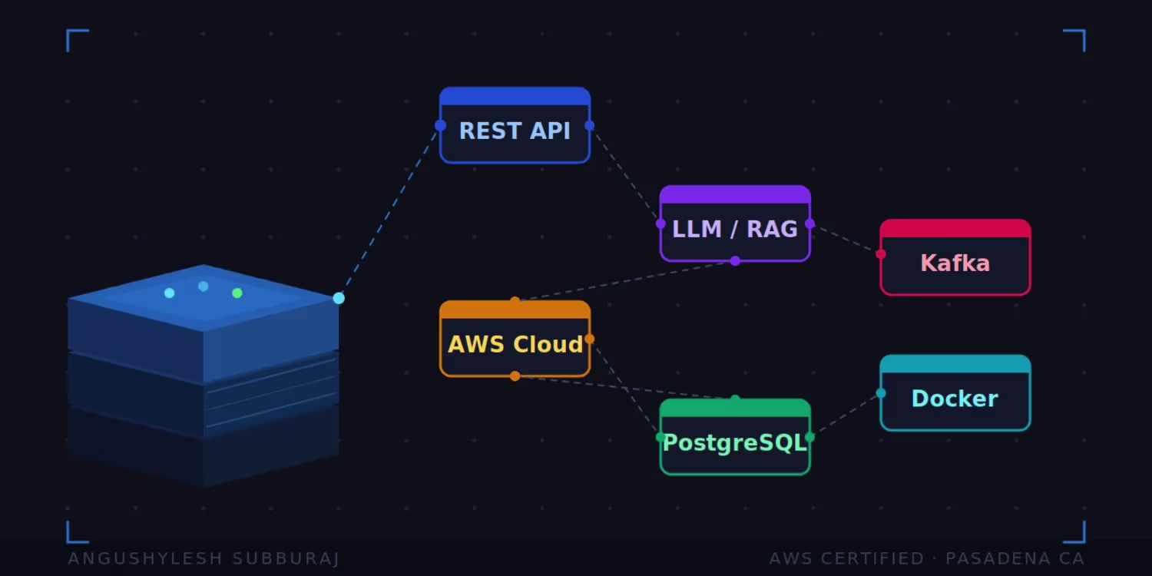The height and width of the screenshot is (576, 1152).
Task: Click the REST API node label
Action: click(x=515, y=131)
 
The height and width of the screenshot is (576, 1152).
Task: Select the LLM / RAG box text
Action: click(x=735, y=230)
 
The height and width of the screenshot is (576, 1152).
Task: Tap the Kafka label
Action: click(x=955, y=263)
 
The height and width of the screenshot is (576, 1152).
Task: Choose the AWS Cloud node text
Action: click(x=515, y=345)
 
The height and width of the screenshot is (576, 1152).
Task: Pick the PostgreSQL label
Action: click(x=735, y=443)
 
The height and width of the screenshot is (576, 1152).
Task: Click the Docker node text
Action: click(x=955, y=399)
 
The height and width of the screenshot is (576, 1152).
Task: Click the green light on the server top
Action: click(x=237, y=293)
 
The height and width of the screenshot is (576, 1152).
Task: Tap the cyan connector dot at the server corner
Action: click(x=339, y=298)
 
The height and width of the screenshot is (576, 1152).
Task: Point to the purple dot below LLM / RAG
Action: click(x=736, y=261)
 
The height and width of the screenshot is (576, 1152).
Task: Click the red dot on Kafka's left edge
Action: click(x=880, y=254)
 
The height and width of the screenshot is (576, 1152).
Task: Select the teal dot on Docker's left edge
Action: click(x=881, y=393)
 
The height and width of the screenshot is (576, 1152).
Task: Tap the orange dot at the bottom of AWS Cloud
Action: click(x=515, y=376)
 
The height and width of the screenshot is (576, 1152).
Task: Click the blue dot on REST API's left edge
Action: click(x=440, y=125)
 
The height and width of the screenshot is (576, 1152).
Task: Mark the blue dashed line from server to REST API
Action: click(x=389, y=212)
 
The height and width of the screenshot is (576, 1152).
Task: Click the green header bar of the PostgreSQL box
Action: click(x=735, y=409)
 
